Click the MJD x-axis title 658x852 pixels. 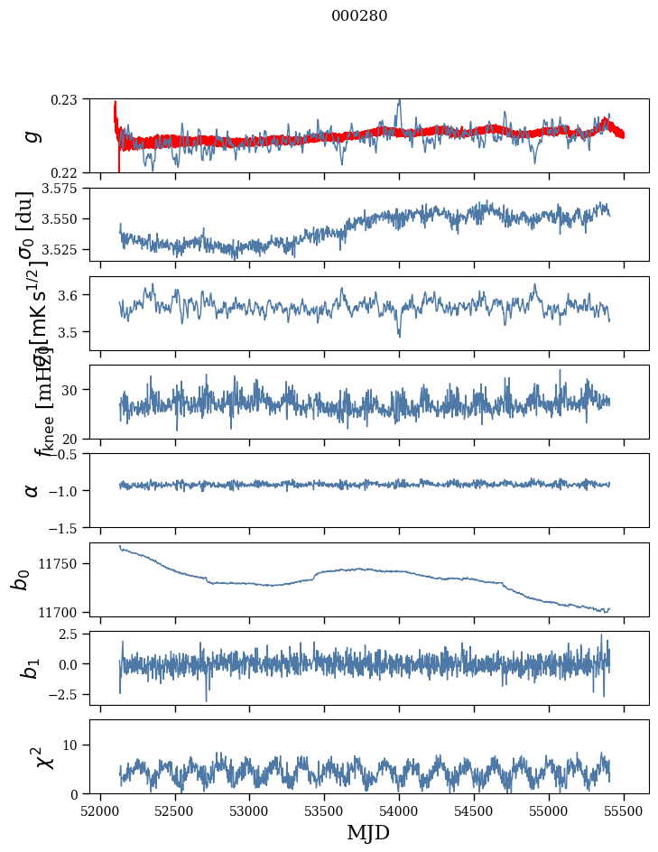[368, 833]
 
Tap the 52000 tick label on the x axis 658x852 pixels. [100, 810]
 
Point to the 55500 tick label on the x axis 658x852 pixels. [625, 810]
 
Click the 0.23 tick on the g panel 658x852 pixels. [70, 98]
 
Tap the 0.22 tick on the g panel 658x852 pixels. [70, 172]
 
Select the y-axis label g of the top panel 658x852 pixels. [32, 135]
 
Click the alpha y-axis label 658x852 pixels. [32, 490]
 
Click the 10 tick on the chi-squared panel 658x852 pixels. [74, 745]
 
